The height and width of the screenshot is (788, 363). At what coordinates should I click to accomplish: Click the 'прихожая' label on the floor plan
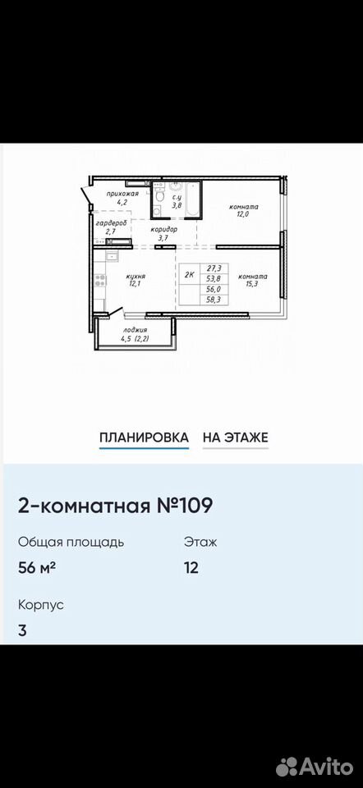tap(122, 193)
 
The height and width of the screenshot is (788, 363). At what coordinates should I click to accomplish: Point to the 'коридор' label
tap(164, 229)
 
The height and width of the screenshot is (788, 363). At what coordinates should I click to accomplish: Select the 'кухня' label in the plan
tap(136, 276)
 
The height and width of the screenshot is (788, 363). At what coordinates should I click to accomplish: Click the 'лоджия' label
tap(135, 330)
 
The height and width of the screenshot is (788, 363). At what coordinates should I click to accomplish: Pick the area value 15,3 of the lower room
tap(253, 285)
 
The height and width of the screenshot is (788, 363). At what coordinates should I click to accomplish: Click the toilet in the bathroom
tap(159, 198)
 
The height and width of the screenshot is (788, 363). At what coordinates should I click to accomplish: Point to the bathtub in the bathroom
tap(193, 200)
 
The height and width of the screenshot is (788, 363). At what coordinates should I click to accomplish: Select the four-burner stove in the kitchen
tap(100, 281)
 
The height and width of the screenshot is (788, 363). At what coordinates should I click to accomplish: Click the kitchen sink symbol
tap(111, 256)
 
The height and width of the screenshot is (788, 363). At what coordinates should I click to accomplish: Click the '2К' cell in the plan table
tap(190, 274)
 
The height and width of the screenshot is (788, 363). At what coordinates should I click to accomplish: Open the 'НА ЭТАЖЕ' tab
tap(236, 437)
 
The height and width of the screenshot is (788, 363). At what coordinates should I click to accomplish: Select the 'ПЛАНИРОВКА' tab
tap(145, 437)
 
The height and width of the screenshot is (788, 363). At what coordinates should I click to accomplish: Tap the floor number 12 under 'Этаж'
tap(191, 567)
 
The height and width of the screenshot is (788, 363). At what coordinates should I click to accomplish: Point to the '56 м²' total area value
tap(37, 567)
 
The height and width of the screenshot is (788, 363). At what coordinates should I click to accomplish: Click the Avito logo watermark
tap(315, 767)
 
